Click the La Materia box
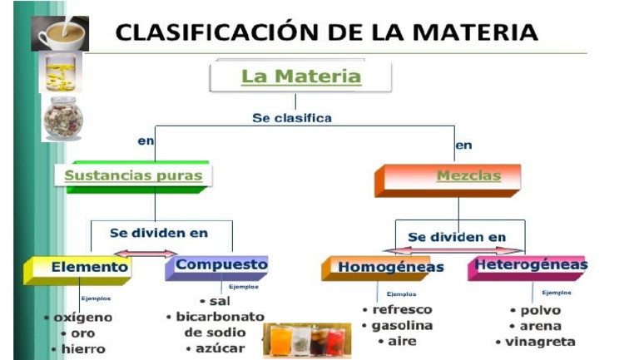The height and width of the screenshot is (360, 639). [x=300, y=77]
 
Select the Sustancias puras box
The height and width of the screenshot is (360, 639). [x=133, y=176]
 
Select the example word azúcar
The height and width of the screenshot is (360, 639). [x=220, y=348]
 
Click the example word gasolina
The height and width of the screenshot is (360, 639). [x=402, y=325]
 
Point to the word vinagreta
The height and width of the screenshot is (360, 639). [x=539, y=342]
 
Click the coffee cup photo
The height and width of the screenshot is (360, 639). [x=60, y=33]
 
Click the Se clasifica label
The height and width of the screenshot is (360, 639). [x=291, y=118]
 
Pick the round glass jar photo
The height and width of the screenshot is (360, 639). [x=63, y=116]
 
